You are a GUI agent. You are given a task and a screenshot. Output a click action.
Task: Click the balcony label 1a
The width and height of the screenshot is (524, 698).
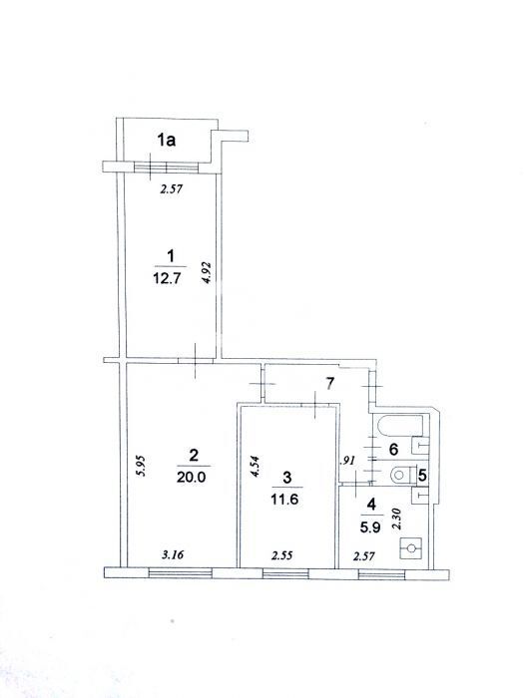point(167,141)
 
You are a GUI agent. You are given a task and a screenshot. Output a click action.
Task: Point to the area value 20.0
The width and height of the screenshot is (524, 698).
point(191,478)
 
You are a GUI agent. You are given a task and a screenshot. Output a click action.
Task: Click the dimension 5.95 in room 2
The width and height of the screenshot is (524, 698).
point(143,466)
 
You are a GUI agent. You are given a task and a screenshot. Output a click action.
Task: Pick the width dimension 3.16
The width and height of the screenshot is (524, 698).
point(173,555)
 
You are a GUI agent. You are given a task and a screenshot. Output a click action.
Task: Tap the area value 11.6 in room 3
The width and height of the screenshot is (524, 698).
point(284,499)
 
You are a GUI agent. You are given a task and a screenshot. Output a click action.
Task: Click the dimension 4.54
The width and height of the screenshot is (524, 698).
point(256,466)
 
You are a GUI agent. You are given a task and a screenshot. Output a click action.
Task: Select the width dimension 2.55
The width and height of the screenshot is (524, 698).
point(282,555)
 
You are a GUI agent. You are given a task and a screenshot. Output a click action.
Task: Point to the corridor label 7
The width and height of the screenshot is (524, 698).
point(329,383)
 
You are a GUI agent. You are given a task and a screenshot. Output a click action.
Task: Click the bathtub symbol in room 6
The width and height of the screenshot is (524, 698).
point(399,425)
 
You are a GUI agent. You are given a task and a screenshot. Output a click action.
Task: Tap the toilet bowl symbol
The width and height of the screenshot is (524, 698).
point(401,475)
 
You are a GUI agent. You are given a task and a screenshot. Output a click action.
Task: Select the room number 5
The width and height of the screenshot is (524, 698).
point(422,476)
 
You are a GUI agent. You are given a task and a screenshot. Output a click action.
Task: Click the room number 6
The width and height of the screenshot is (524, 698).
point(393,450)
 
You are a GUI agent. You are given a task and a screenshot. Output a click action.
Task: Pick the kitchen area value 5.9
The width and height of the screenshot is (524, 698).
point(371,527)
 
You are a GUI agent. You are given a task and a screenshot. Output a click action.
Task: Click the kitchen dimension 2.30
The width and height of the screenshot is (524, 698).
point(398,519)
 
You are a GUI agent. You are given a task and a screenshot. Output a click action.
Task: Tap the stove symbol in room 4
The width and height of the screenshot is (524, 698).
point(411,548)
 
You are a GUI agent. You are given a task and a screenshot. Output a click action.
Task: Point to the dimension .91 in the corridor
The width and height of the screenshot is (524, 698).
point(347,461)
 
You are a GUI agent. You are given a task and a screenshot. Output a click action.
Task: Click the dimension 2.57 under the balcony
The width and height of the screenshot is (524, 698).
point(172,188)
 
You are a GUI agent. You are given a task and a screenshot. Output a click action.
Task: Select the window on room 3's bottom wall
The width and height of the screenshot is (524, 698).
point(285,573)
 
